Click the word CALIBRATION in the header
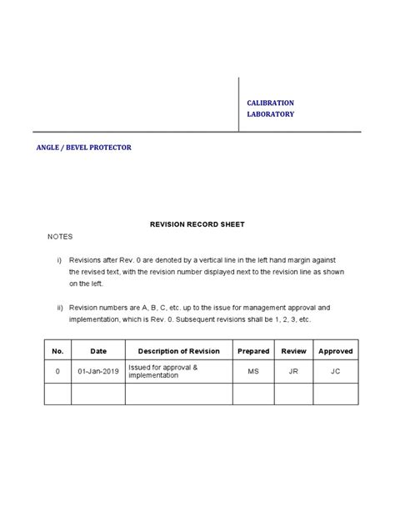click(270, 103)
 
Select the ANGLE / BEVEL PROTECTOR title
click(82, 147)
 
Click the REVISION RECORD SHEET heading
click(197, 225)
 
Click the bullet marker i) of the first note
click(60, 260)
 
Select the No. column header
click(57, 351)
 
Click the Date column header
click(98, 351)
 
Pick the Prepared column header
click(253, 351)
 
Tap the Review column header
click(294, 351)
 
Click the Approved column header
click(336, 351)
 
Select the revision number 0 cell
click(57, 371)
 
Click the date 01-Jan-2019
click(98, 371)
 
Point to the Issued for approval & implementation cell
click(163, 371)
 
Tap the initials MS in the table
click(253, 371)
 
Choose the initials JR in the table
click(294, 371)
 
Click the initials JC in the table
click(336, 371)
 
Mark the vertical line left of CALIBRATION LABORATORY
click(239, 104)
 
